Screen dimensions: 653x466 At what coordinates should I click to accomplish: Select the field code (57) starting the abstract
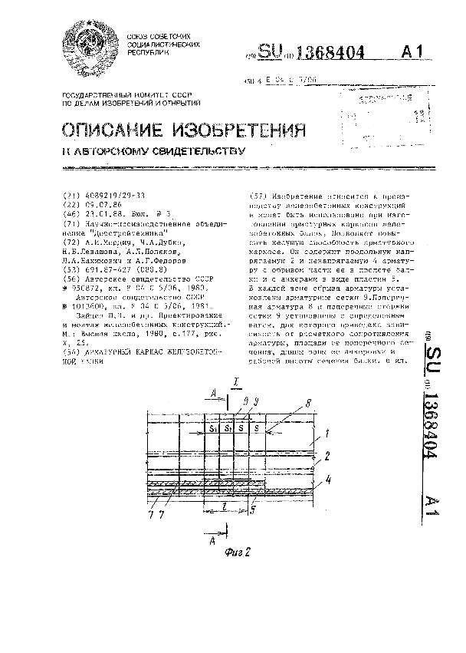[260, 196]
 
